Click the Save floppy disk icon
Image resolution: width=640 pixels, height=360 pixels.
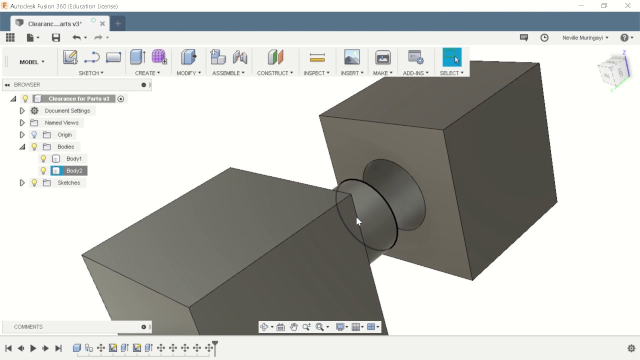point(55,37)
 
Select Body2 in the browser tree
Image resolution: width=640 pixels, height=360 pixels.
point(74,170)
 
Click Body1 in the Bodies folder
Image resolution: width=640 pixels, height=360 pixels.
point(74,158)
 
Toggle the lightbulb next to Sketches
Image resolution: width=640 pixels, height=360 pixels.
point(34,182)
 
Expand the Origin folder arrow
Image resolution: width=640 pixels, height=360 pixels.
point(22,134)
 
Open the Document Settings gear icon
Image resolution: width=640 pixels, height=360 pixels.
point(34,110)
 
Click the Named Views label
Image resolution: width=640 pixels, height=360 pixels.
point(61,122)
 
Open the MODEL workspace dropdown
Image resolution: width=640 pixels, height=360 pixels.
point(32,62)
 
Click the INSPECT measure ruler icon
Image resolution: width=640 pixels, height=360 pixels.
point(317,57)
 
